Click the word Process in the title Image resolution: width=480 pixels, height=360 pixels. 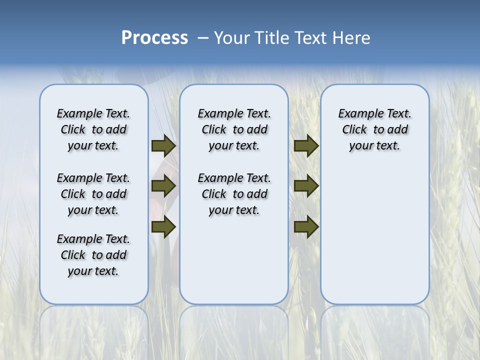coord(154,38)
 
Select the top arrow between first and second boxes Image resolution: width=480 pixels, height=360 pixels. coord(163,146)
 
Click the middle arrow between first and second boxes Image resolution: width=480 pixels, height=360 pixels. coord(163,186)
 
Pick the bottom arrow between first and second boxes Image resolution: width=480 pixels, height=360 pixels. coord(163,226)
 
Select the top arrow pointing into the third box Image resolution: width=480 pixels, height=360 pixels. coord(306,146)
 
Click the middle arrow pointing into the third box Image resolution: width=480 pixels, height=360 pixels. coord(306,186)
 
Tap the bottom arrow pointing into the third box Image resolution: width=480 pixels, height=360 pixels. coord(306,226)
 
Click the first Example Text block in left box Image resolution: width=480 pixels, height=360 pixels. coord(93,129)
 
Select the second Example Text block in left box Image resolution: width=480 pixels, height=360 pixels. coord(93,194)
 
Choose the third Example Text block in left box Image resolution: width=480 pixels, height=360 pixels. coord(93,255)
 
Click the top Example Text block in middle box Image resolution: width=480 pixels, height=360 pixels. coord(234,129)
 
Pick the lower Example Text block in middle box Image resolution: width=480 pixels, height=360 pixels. coord(234,194)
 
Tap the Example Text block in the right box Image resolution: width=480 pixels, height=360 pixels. coord(374,129)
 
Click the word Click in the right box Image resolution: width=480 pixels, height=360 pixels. coord(354,130)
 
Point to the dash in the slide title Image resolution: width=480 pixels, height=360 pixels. coord(203,38)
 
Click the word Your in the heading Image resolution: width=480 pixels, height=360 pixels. coord(232,38)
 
